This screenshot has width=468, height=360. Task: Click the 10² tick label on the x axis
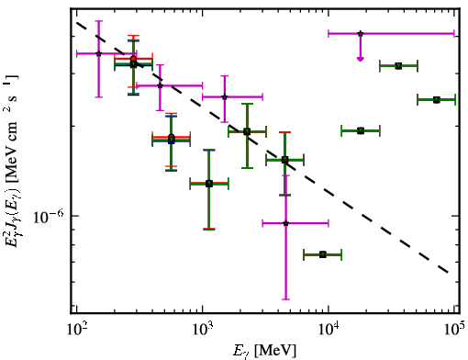point(78,330)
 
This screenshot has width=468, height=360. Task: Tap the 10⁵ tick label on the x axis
point(454,330)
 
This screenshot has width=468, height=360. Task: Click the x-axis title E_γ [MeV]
point(264,351)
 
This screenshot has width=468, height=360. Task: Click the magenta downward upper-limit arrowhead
point(361,59)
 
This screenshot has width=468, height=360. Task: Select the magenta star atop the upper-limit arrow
point(361,33)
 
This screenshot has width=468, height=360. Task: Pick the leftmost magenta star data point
point(98,53)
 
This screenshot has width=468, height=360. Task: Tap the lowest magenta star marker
point(285,223)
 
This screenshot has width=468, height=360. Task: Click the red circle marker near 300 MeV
point(133,59)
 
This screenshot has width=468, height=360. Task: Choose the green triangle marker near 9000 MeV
point(323,254)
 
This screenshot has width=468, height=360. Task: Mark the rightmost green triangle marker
point(437,100)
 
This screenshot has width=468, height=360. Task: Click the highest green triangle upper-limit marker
point(398,66)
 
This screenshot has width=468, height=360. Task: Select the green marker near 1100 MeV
point(209,184)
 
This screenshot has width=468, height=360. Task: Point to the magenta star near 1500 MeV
point(225,97)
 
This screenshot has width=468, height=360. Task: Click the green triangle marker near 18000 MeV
point(361,130)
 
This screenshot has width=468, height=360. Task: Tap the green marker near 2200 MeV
point(247,132)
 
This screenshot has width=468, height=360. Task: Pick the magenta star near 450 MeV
point(160,85)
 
